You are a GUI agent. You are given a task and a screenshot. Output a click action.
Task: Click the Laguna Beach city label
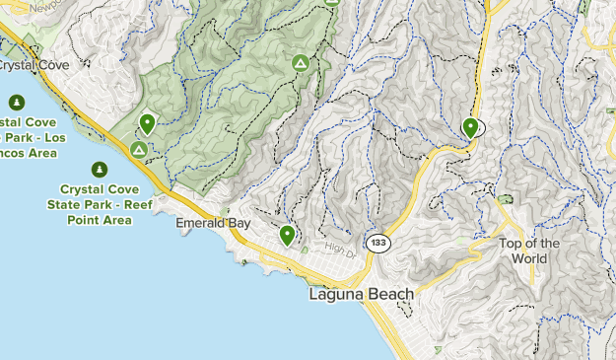[361, 294]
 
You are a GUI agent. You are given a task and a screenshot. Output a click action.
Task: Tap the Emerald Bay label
[213, 224]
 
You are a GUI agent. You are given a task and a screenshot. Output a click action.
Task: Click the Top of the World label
[529, 251]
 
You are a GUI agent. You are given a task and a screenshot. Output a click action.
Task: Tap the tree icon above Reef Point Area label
[100, 170]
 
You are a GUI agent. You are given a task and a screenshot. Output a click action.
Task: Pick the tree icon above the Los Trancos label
[16, 102]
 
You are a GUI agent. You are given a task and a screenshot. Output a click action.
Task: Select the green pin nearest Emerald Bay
[287, 235]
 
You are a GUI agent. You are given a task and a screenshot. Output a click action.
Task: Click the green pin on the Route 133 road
[471, 127]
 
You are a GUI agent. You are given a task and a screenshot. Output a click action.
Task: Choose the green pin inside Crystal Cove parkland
[147, 123]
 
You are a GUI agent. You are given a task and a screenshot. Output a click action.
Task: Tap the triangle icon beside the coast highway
[139, 150]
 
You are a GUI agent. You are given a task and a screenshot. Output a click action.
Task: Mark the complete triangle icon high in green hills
[300, 64]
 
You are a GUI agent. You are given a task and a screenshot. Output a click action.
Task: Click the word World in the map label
[529, 258]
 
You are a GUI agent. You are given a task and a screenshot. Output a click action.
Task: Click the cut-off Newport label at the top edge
[45, 6]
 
